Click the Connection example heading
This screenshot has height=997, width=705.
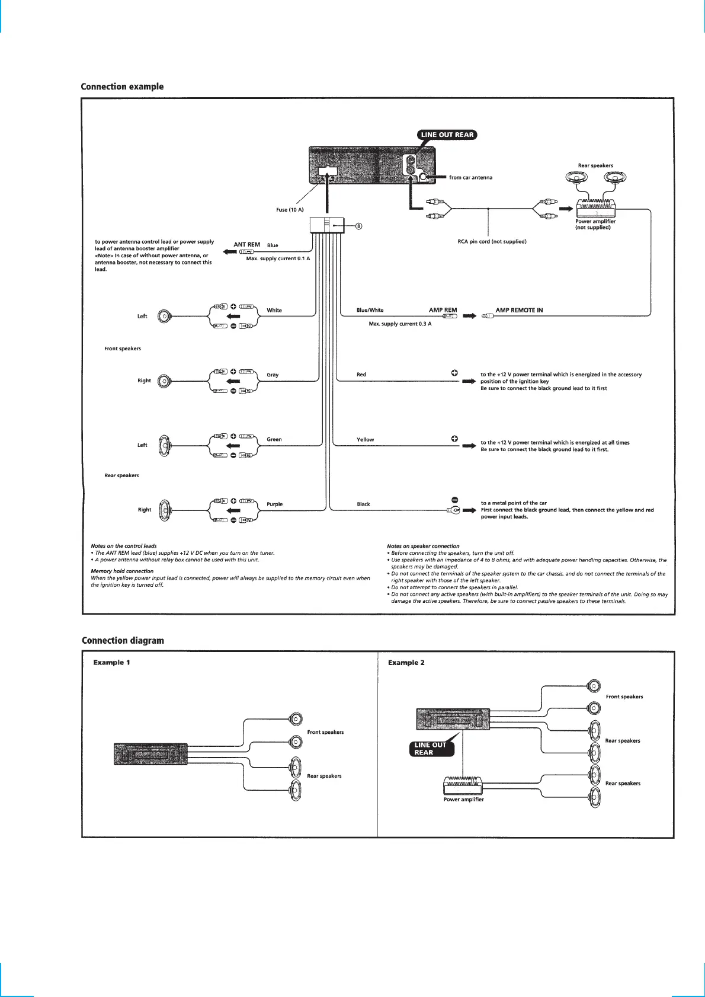click(x=122, y=87)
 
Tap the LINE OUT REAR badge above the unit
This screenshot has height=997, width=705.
click(x=447, y=135)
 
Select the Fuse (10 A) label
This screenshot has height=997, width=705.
click(x=290, y=210)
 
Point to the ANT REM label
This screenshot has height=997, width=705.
click(x=246, y=244)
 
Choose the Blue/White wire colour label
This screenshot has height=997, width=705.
click(x=370, y=310)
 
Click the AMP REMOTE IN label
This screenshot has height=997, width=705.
click(x=519, y=310)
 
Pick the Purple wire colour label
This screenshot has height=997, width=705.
click(x=274, y=504)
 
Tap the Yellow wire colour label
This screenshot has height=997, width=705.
click(x=365, y=440)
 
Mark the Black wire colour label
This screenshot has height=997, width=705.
click(x=363, y=504)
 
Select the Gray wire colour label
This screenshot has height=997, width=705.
click(x=273, y=375)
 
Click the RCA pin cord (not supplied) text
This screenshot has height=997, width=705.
click(x=492, y=241)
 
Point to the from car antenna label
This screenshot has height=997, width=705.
click(x=470, y=177)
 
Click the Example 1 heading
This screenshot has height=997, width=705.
click(x=111, y=662)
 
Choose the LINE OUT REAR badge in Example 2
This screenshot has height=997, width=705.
click(x=431, y=749)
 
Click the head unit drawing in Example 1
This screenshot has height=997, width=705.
click(x=151, y=754)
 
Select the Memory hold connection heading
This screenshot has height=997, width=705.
click(x=122, y=571)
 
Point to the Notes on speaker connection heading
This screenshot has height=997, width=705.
click(x=422, y=546)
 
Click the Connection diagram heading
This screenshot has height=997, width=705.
click(x=123, y=640)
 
